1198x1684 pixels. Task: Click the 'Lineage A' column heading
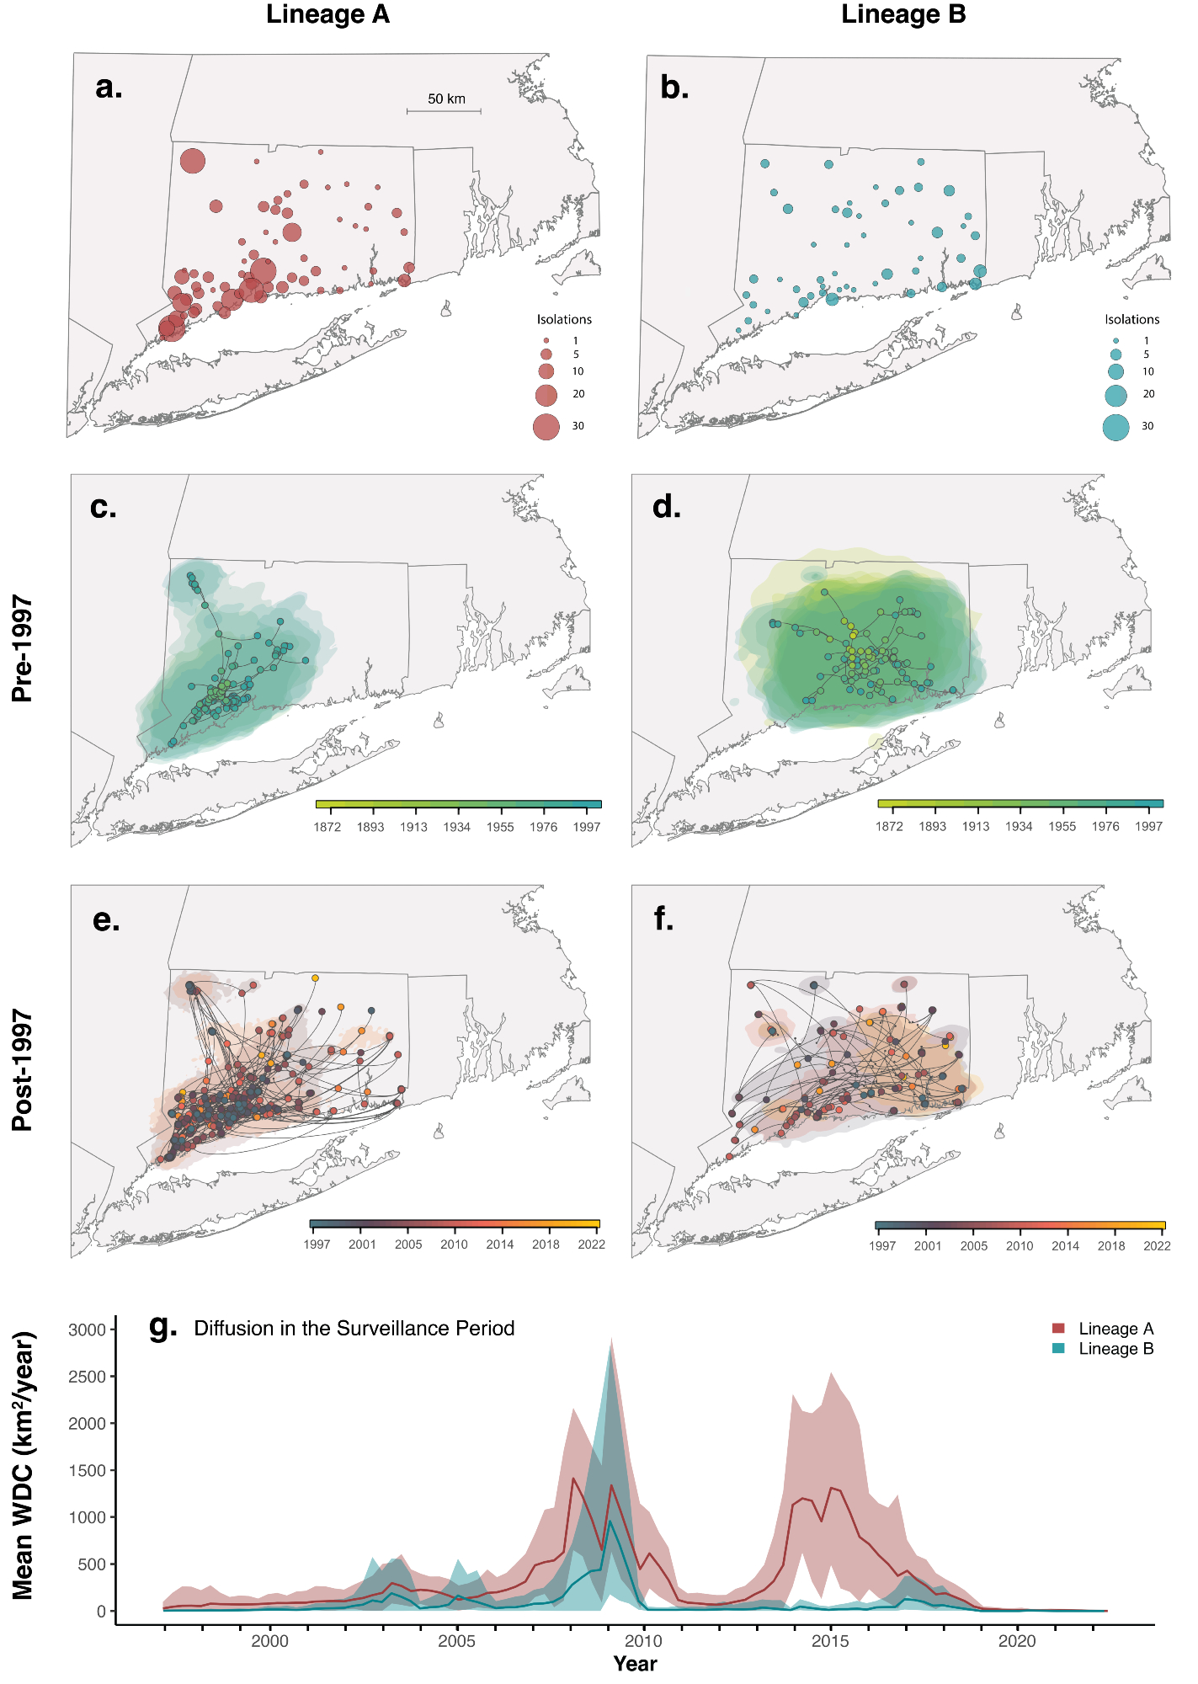(327, 14)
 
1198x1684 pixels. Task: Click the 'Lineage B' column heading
(903, 14)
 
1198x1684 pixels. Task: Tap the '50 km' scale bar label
(446, 99)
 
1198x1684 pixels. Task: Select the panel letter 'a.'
(109, 86)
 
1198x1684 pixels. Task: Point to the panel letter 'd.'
(667, 506)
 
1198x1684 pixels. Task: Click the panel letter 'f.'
(663, 919)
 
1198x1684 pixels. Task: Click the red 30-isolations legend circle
(546, 427)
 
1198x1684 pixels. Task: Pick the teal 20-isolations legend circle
(1115, 395)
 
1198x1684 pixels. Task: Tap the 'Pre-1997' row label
(23, 648)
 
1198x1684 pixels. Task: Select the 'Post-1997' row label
(23, 1069)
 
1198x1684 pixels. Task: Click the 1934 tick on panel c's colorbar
(457, 827)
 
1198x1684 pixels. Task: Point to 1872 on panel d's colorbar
(889, 827)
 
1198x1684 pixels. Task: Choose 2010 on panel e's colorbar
(454, 1244)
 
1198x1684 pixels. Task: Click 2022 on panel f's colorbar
(1157, 1246)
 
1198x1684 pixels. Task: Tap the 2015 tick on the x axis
(830, 1641)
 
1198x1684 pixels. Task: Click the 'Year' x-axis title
(635, 1664)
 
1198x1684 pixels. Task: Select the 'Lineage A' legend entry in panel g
(1115, 1329)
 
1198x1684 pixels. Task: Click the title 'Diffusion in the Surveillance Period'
(354, 1329)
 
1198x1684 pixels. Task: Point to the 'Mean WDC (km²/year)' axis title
(24, 1465)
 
